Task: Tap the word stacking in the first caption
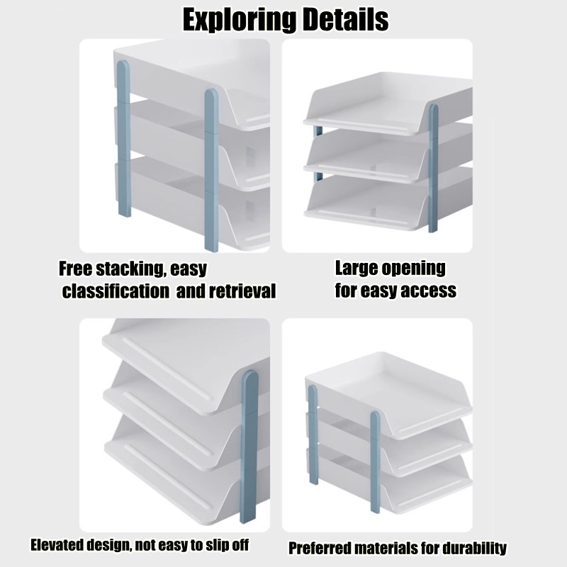tap(132, 269)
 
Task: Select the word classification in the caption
tap(116, 291)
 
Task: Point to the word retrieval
tap(242, 291)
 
